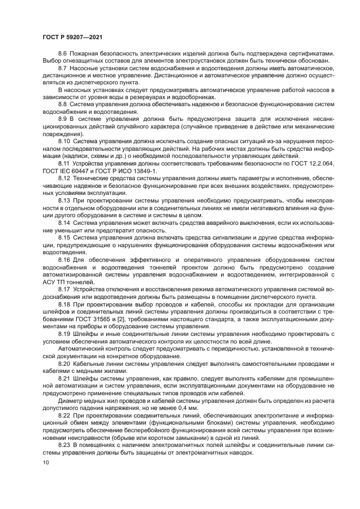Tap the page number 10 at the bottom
click(x=45, y=463)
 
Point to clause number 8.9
click(x=63, y=118)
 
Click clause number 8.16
click(x=64, y=260)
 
